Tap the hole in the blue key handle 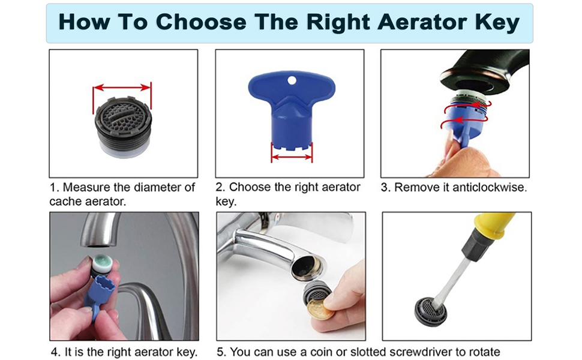(x=292, y=80)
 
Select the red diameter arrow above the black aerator (x=122, y=88)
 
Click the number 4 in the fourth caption (x=54, y=352)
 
